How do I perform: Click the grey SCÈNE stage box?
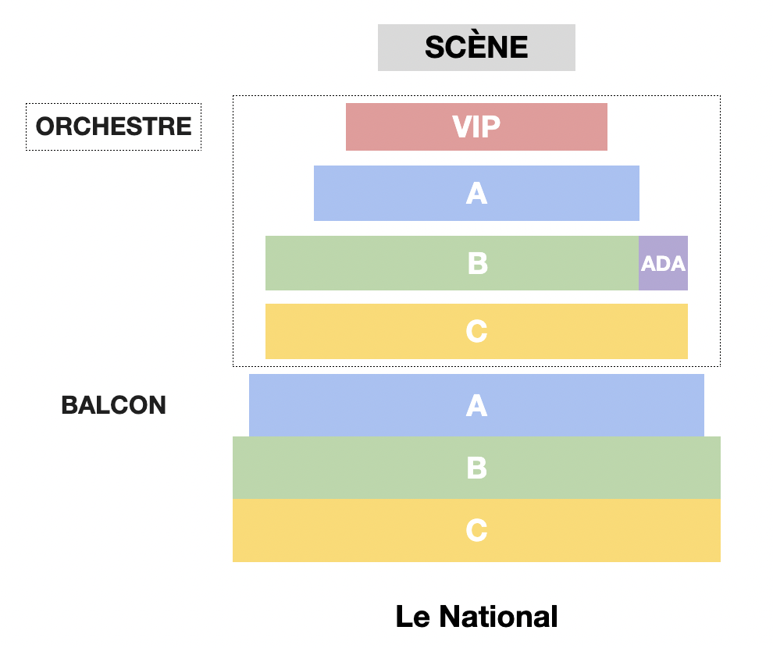point(476,48)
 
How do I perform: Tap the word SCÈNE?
point(476,48)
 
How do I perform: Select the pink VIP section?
point(476,126)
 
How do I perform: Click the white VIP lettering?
point(476,126)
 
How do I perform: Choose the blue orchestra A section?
point(476,193)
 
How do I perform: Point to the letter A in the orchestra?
point(477,193)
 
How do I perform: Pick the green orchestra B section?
point(452,263)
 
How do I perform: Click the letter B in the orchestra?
point(478,263)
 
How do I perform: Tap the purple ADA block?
point(663,263)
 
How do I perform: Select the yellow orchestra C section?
point(476,331)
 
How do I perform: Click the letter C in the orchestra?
point(477,331)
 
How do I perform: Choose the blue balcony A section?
point(476,405)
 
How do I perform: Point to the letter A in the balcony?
point(477,405)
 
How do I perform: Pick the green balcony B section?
point(476,468)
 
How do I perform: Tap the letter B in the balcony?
point(477,468)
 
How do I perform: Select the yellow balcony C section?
point(476,530)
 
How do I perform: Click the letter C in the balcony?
point(477,530)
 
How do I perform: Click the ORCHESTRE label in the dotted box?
point(113,126)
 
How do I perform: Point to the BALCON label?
point(113,405)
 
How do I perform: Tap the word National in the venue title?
point(498,616)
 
